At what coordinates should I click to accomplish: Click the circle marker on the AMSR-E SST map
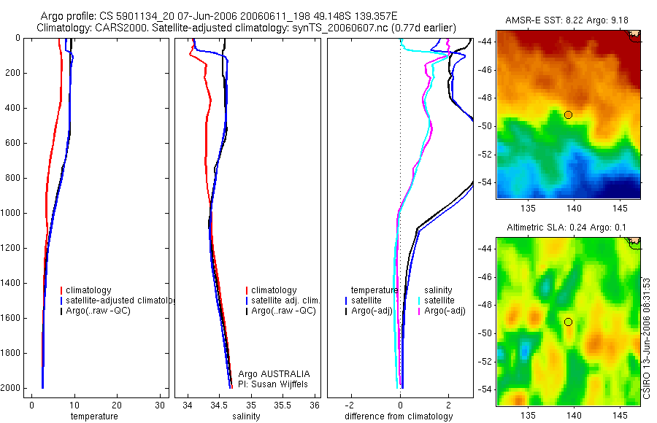click(568, 115)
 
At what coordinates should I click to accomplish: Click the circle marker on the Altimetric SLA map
click(568, 322)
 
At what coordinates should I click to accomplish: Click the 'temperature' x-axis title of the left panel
click(93, 416)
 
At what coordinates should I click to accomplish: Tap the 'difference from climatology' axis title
click(399, 416)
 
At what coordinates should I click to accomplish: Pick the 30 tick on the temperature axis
click(161, 405)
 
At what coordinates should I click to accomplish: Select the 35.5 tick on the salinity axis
click(283, 405)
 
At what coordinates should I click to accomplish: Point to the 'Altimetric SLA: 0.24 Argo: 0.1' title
click(566, 228)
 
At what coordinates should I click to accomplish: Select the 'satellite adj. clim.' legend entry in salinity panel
click(285, 300)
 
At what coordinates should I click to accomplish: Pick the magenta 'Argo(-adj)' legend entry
click(445, 311)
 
